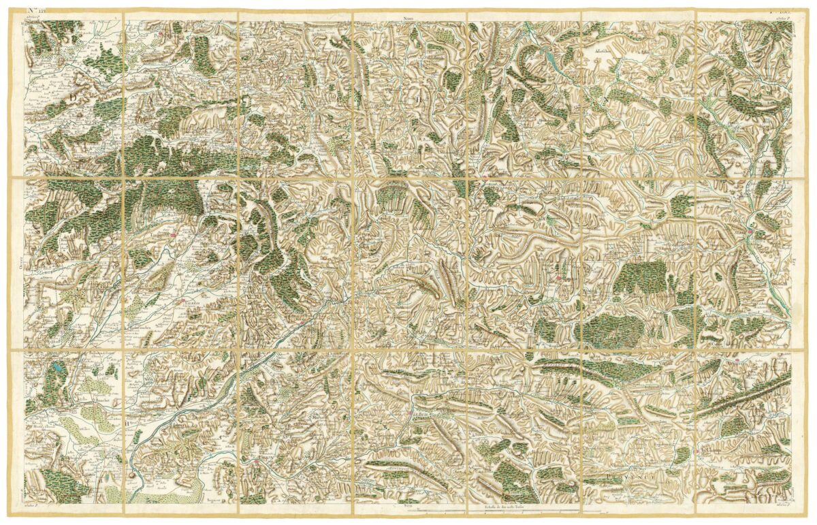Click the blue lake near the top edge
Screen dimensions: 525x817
pos(549,58)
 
